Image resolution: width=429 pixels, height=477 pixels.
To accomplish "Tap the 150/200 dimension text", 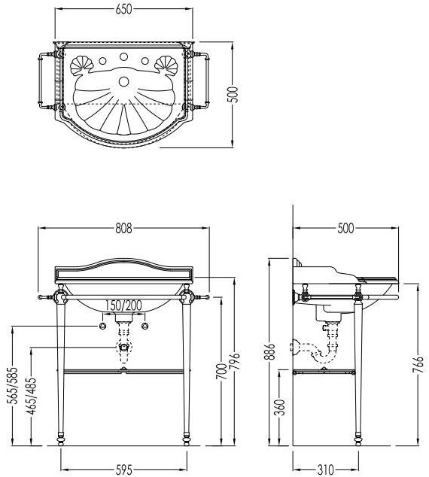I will (x=123, y=305).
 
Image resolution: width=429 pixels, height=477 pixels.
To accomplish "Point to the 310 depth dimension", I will (x=325, y=469).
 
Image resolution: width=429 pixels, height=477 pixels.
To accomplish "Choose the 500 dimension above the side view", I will (x=345, y=229).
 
